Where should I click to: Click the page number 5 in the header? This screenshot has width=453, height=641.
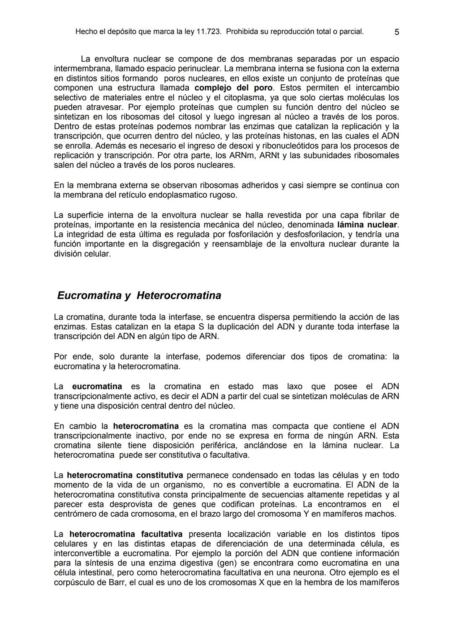point(397,32)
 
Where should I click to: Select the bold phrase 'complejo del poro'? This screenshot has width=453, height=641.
point(234,88)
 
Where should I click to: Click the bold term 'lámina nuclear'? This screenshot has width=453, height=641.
point(367,224)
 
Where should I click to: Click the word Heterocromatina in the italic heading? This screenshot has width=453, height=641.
point(179,295)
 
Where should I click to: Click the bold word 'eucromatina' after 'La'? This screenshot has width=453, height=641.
point(97,386)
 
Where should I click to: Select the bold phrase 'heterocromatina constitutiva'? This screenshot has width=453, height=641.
point(125,475)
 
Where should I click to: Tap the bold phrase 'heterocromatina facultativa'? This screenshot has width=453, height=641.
point(125,534)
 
